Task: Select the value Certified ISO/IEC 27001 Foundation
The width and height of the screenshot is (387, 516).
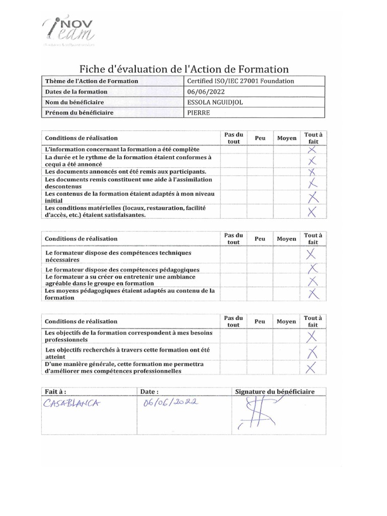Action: click(240, 81)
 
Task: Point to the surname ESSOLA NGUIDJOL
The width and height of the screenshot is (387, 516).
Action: click(217, 102)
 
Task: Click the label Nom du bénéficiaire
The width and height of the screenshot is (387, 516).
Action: click(74, 102)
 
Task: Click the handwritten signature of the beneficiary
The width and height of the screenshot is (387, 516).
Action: click(257, 413)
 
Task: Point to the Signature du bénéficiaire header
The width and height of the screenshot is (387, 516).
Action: click(275, 392)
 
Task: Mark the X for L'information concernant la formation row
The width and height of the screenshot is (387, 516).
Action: click(312, 150)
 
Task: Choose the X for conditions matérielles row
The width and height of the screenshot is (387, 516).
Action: click(312, 212)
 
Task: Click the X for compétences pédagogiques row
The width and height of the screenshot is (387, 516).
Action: click(312, 269)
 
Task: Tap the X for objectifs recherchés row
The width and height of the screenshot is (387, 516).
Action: click(312, 351)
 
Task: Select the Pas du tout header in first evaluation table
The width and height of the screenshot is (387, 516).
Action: click(233, 138)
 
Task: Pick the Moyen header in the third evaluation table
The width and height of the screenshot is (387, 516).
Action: click(286, 321)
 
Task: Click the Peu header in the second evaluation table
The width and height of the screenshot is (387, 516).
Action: click(260, 239)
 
